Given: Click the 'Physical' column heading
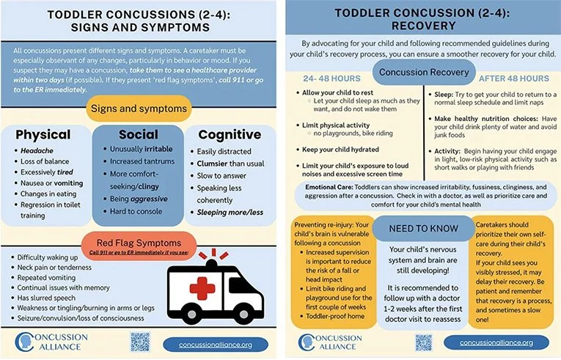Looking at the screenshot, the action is (43, 135).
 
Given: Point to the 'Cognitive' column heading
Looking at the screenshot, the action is (230, 135).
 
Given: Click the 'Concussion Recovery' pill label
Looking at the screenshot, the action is (420, 72).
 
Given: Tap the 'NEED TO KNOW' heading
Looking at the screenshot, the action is (415, 227).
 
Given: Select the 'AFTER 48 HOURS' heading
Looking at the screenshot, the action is (513, 78).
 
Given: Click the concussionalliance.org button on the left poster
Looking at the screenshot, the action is (213, 343).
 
